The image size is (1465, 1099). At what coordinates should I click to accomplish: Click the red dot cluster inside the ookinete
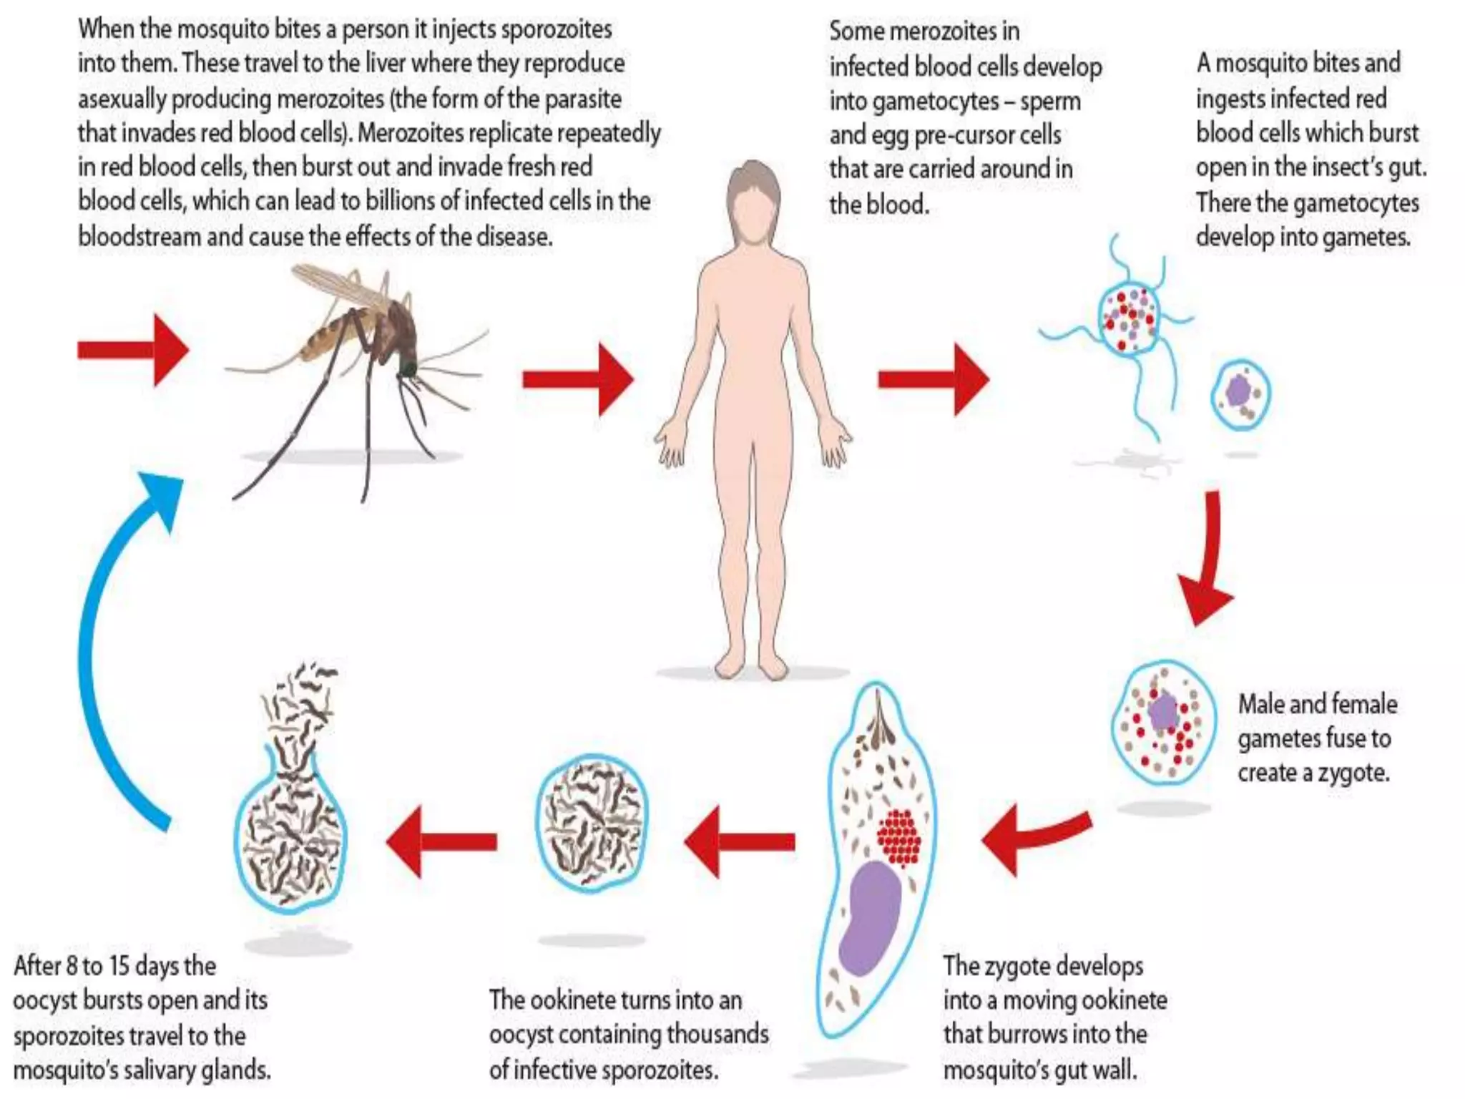click(x=899, y=837)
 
